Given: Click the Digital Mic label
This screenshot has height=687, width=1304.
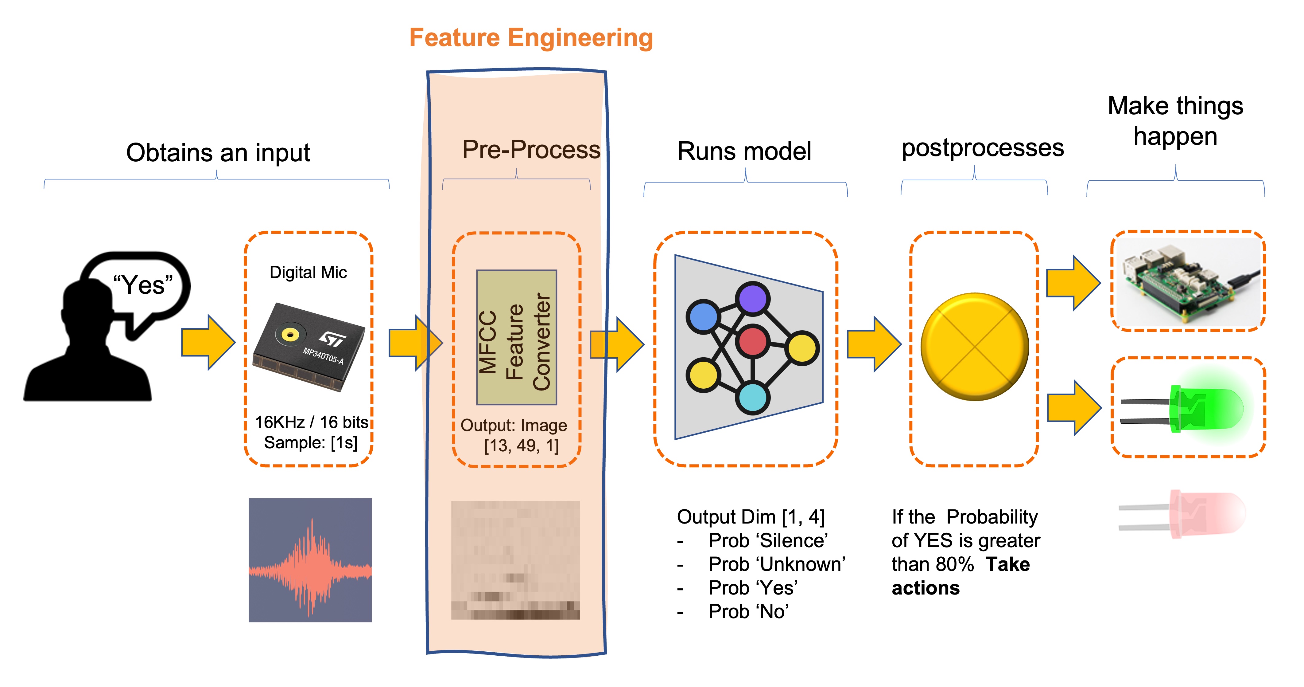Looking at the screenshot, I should pyautogui.click(x=308, y=273).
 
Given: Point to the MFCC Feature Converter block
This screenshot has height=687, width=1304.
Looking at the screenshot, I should pyautogui.click(x=516, y=337).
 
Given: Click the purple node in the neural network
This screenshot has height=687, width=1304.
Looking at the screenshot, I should pyautogui.click(x=752, y=298).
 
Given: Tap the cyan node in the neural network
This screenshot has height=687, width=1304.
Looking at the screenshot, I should pyautogui.click(x=752, y=398).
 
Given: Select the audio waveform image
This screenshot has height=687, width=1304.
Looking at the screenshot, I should pyautogui.click(x=310, y=560).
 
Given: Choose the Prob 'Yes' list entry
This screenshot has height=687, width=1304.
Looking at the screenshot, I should pyautogui.click(x=753, y=588).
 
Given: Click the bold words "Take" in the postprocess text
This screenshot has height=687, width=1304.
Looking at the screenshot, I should pyautogui.click(x=1007, y=564).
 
